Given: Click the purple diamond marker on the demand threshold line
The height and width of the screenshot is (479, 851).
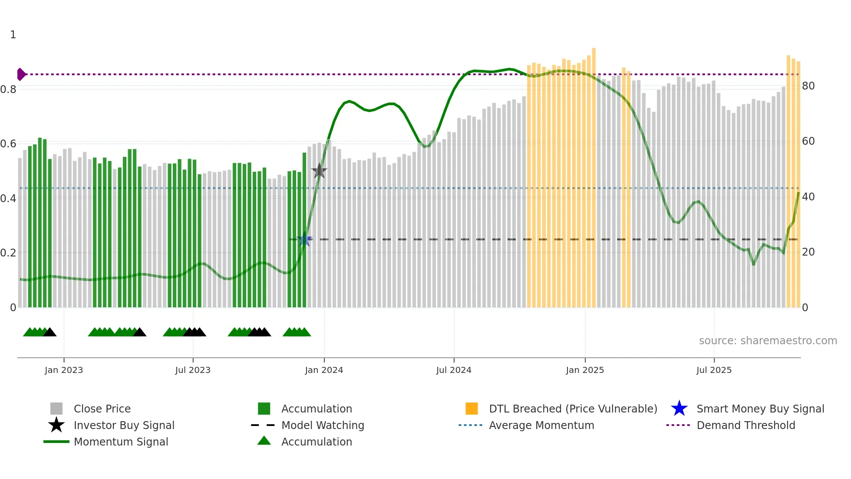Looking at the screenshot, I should tap(21, 74).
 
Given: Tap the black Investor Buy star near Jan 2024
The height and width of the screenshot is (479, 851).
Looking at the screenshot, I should tap(319, 171).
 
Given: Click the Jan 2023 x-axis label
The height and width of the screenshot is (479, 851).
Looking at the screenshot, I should tap(64, 370).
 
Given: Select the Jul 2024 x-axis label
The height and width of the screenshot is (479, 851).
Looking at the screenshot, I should tap(454, 370).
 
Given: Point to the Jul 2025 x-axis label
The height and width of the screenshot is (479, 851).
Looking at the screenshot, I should tap(714, 370).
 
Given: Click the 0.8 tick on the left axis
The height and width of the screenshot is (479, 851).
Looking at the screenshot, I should tap(8, 90).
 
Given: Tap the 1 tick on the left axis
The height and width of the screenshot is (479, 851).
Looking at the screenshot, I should tap(13, 35).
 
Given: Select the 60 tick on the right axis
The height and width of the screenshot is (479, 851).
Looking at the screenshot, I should tap(808, 141).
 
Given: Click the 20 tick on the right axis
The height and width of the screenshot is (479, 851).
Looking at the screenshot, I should tap(808, 252).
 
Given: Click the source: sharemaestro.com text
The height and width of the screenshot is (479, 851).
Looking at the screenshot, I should tap(768, 341).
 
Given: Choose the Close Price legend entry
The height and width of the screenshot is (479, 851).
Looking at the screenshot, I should tap(102, 409).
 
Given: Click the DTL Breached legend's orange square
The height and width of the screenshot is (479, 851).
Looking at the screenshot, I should tap(472, 409).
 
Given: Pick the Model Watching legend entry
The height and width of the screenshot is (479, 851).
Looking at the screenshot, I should tap(323, 425).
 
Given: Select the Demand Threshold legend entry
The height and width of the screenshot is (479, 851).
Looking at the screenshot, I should tap(745, 425).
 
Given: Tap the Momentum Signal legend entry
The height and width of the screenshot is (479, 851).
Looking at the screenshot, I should tap(121, 442).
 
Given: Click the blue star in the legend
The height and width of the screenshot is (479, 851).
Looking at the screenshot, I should tap(679, 409).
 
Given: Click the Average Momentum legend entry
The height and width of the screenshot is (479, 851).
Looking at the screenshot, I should tap(541, 425).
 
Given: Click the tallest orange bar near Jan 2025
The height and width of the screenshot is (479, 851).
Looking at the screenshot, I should tap(594, 174).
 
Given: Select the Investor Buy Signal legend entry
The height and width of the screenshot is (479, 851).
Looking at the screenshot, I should tap(124, 425).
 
